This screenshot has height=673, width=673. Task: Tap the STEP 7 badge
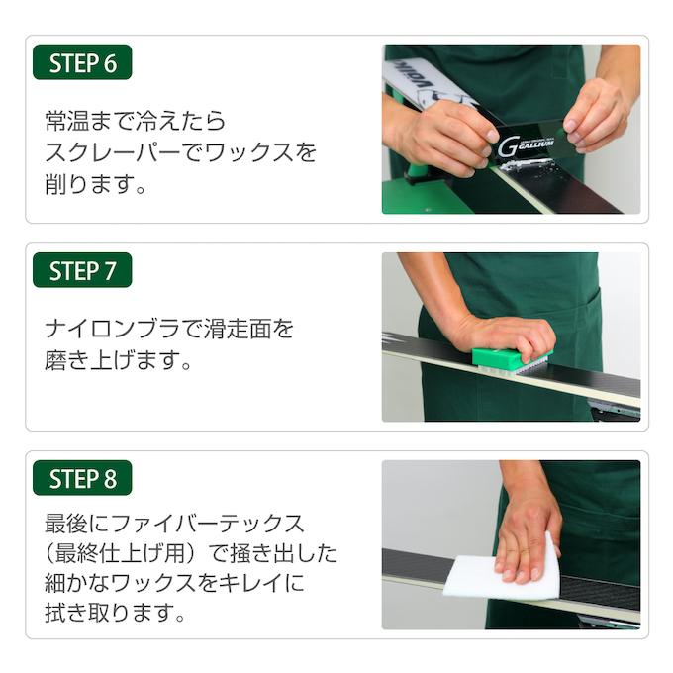82,271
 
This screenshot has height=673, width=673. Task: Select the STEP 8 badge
82,479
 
